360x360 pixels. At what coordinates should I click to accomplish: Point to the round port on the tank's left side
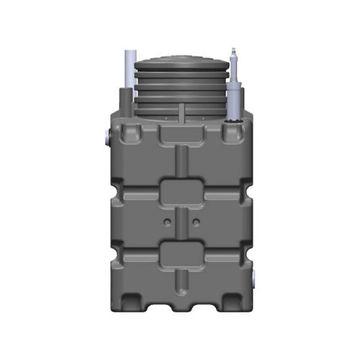[107, 135]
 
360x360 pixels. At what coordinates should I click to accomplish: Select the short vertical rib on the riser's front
[181, 112]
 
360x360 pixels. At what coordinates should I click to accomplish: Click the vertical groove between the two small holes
[180, 220]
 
